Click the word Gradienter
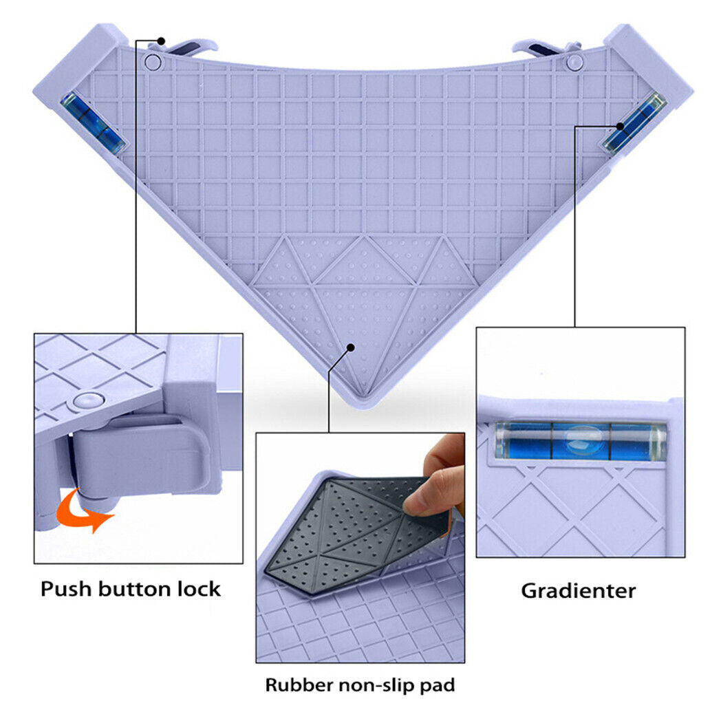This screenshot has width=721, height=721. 579,591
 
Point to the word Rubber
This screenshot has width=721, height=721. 299,685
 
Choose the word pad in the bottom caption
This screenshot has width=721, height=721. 438,686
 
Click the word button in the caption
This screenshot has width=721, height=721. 135,589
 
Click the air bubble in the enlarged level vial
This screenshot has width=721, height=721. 581,441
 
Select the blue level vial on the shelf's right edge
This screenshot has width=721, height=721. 635,122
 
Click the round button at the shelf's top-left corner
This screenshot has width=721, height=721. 153,61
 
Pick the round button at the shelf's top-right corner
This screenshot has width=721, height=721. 574,61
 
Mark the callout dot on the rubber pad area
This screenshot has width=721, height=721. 350,347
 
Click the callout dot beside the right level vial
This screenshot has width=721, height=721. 621,127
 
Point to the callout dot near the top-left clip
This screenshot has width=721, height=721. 161,41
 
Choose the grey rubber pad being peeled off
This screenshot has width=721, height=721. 354,533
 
